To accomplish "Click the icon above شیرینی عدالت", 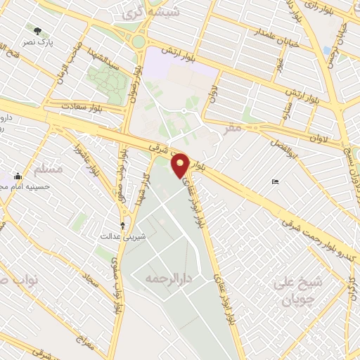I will coord(124,225).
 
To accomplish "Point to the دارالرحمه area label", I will coord(169,278).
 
